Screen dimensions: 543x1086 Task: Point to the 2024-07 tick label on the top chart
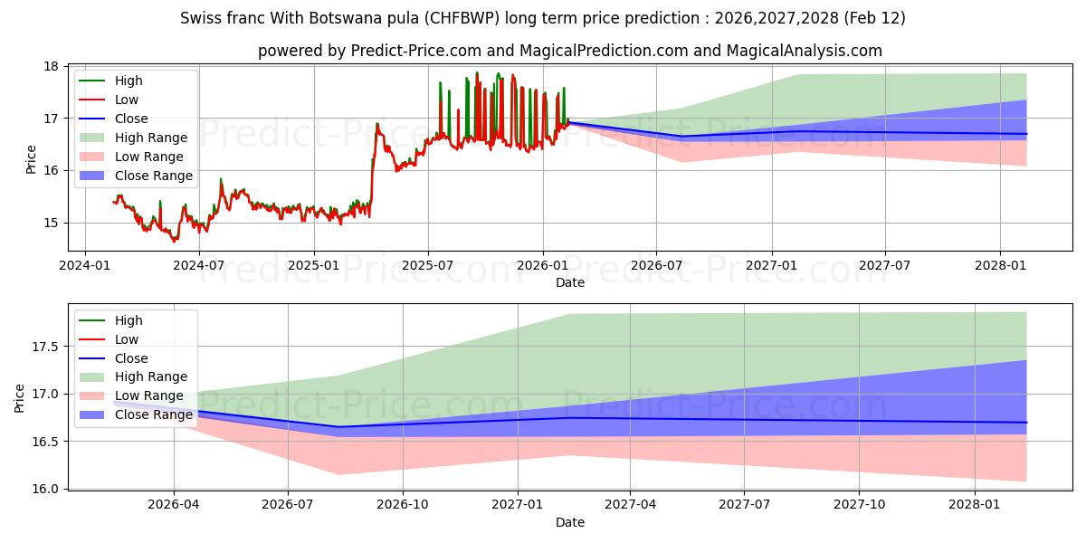199,265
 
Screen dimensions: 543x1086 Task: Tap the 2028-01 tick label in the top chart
1000,265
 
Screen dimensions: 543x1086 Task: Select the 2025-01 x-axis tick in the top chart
314,265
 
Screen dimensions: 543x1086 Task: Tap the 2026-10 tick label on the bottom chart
403,505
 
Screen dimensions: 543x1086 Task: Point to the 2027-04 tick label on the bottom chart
631,505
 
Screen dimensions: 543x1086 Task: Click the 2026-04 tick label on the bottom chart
174,505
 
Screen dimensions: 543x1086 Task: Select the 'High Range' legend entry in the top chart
151,138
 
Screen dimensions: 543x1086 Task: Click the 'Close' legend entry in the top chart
131,119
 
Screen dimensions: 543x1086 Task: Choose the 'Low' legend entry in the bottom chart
127,339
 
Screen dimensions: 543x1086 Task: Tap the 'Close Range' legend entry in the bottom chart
153,414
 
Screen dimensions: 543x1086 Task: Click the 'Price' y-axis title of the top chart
32,159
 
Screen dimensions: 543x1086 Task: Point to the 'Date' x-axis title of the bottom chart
570,522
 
